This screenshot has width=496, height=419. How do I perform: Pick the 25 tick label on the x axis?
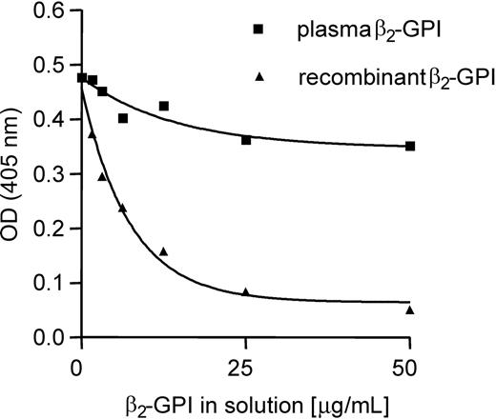[x=245, y=364]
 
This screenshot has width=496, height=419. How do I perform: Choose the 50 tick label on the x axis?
[x=410, y=364]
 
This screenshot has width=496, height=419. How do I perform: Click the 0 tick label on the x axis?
[x=80, y=364]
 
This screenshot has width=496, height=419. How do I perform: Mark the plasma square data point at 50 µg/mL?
[x=410, y=146]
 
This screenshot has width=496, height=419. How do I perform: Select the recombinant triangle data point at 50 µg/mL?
[x=410, y=309]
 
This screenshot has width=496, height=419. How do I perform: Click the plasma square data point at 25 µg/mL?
[x=246, y=140]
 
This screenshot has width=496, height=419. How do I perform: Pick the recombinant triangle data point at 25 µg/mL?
[x=246, y=292]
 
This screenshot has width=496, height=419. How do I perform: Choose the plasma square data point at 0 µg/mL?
[x=82, y=78]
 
